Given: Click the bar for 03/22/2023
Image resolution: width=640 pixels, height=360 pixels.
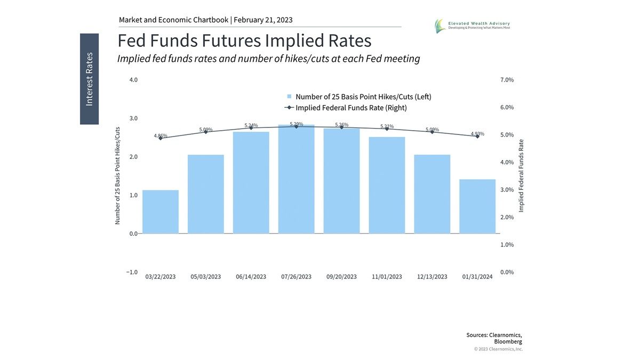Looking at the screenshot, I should pyautogui.click(x=161, y=212).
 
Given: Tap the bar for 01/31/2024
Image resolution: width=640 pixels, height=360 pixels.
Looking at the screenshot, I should pyautogui.click(x=477, y=206).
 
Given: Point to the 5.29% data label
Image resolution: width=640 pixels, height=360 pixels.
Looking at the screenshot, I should pyautogui.click(x=297, y=124).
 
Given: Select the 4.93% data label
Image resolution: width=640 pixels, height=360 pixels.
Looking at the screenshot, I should pyautogui.click(x=477, y=134).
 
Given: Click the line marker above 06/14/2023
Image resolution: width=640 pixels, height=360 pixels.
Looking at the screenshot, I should pyautogui.click(x=251, y=128).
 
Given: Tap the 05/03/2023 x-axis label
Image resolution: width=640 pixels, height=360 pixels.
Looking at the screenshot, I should pyautogui.click(x=206, y=277).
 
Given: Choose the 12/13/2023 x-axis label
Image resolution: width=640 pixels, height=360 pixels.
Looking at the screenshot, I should pyautogui.click(x=432, y=277).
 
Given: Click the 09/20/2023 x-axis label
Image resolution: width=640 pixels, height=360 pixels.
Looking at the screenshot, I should pyautogui.click(x=341, y=277).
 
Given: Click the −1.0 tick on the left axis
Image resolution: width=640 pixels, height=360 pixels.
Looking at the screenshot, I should pyautogui.click(x=132, y=272).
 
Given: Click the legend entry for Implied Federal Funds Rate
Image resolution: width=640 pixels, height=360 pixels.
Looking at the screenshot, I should pyautogui.click(x=351, y=108).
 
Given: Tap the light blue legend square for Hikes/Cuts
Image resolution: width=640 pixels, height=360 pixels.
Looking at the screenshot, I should pyautogui.click(x=290, y=97).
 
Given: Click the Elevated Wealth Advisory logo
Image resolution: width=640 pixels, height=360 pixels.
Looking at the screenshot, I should pyautogui.click(x=440, y=25).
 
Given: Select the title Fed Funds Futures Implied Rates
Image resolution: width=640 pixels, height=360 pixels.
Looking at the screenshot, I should pyautogui.click(x=244, y=41).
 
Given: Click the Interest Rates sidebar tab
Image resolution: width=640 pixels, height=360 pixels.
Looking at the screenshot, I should pyautogui.click(x=89, y=79).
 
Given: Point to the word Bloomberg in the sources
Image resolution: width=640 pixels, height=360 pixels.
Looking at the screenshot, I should pyautogui.click(x=508, y=341).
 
